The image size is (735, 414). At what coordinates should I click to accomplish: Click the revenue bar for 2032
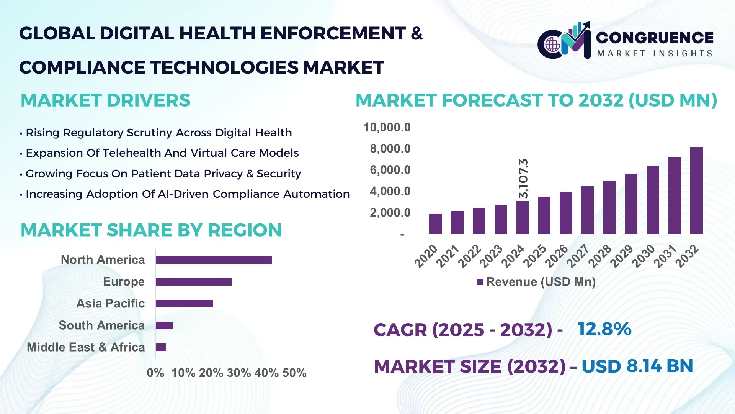[696, 191]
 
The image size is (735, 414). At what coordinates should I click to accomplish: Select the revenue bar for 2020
[435, 223]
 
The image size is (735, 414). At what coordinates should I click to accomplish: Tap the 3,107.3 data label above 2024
[523, 178]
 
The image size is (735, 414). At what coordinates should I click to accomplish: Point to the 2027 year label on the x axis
[578, 256]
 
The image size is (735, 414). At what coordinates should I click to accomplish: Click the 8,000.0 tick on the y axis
[390, 149]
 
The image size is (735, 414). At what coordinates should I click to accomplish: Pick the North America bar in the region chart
[214, 260]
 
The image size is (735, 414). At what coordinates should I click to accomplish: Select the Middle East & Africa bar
[161, 347]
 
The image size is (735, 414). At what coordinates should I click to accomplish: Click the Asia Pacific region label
[110, 303]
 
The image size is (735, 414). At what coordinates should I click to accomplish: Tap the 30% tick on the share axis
[239, 373]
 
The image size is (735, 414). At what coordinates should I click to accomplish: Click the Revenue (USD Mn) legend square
[480, 282]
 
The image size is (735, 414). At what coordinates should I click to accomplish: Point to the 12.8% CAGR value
[604, 329]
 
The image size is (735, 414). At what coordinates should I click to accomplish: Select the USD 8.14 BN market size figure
[637, 366]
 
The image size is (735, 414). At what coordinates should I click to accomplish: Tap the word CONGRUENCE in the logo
[655, 38]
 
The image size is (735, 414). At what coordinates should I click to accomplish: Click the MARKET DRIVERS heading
[105, 100]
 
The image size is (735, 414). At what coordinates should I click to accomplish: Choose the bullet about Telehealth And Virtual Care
[162, 153]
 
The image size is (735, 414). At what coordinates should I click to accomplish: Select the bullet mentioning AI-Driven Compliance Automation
[187, 194]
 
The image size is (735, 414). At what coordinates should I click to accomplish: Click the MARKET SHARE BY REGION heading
[151, 230]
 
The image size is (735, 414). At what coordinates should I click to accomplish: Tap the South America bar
[164, 325]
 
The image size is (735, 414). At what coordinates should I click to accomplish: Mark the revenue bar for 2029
[631, 204]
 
